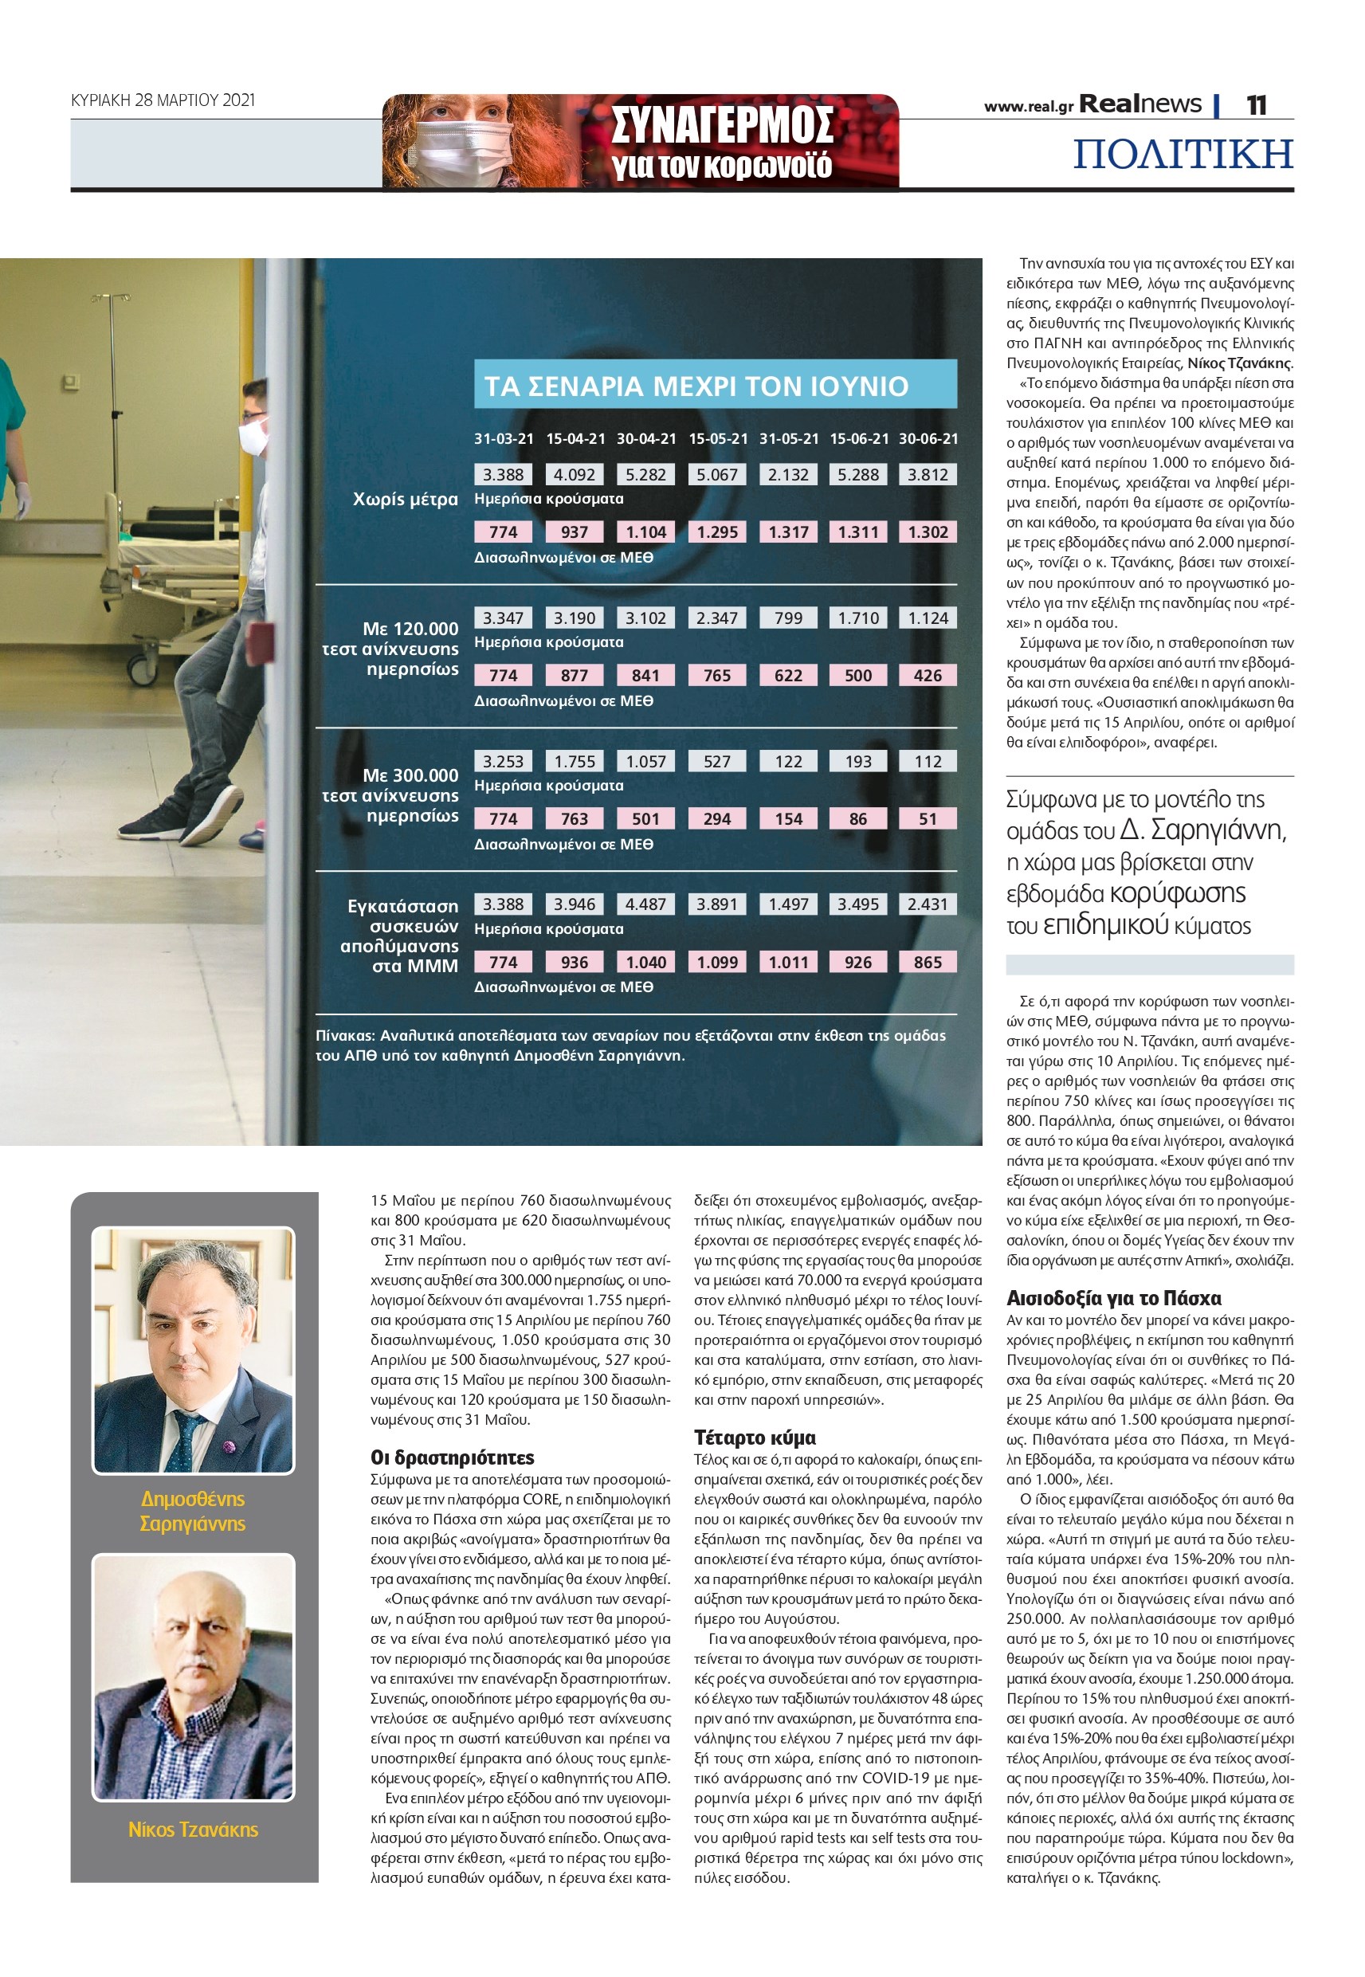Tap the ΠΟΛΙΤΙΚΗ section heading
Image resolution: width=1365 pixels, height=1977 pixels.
[x=1183, y=154]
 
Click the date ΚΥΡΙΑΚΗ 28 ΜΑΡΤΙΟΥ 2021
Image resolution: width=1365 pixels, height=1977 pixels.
[x=163, y=100]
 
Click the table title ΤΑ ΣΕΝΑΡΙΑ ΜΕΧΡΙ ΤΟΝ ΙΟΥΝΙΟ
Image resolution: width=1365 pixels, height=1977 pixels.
[x=696, y=386]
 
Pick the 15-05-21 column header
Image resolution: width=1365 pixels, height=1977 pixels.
[x=718, y=438]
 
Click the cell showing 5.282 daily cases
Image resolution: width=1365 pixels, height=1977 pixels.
[x=645, y=475]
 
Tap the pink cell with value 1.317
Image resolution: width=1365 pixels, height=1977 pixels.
[x=788, y=532]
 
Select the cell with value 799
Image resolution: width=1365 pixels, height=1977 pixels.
[x=788, y=618]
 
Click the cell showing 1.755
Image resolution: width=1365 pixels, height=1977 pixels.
[x=574, y=761]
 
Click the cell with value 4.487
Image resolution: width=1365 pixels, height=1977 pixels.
[x=645, y=904]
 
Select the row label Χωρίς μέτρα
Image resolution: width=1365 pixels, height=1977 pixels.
[x=406, y=500]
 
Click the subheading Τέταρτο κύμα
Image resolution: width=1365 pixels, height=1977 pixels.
[x=755, y=1438]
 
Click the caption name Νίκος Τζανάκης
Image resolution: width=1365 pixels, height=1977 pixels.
[x=194, y=1829]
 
